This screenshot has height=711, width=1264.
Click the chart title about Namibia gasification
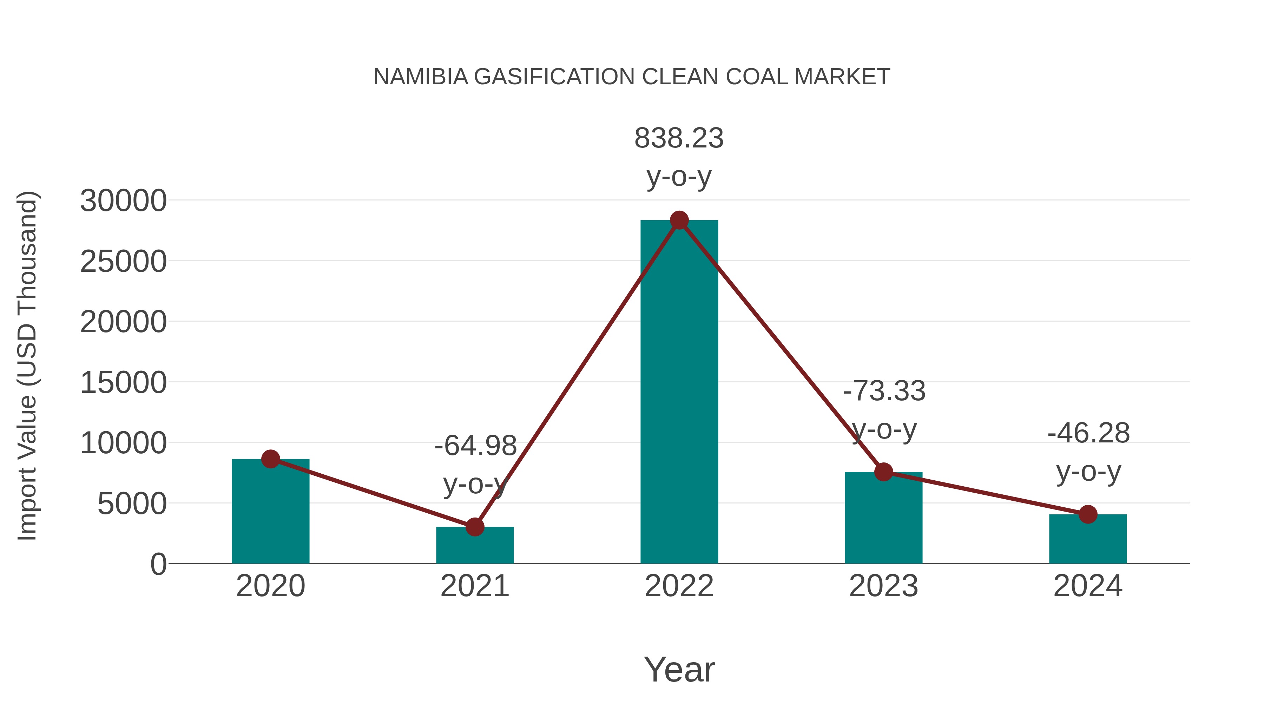[632, 77]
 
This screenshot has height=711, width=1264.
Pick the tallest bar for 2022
[679, 393]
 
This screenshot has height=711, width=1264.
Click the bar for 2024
[1088, 540]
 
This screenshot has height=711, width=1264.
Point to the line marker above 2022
[679, 220]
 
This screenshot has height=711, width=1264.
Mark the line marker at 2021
[474, 527]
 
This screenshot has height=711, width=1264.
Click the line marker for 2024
[1088, 514]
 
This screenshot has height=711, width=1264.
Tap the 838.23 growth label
[679, 138]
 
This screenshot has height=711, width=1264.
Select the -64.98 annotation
[475, 446]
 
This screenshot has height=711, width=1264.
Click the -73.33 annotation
[884, 391]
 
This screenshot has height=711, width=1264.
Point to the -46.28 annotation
[1088, 433]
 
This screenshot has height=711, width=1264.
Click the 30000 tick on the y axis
[123, 201]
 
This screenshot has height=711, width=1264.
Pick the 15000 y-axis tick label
[123, 383]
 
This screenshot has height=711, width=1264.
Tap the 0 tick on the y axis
[158, 564]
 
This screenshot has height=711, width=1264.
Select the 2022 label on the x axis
[679, 586]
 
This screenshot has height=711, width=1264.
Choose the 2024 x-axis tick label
[1088, 586]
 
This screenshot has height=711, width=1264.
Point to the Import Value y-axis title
[27, 366]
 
